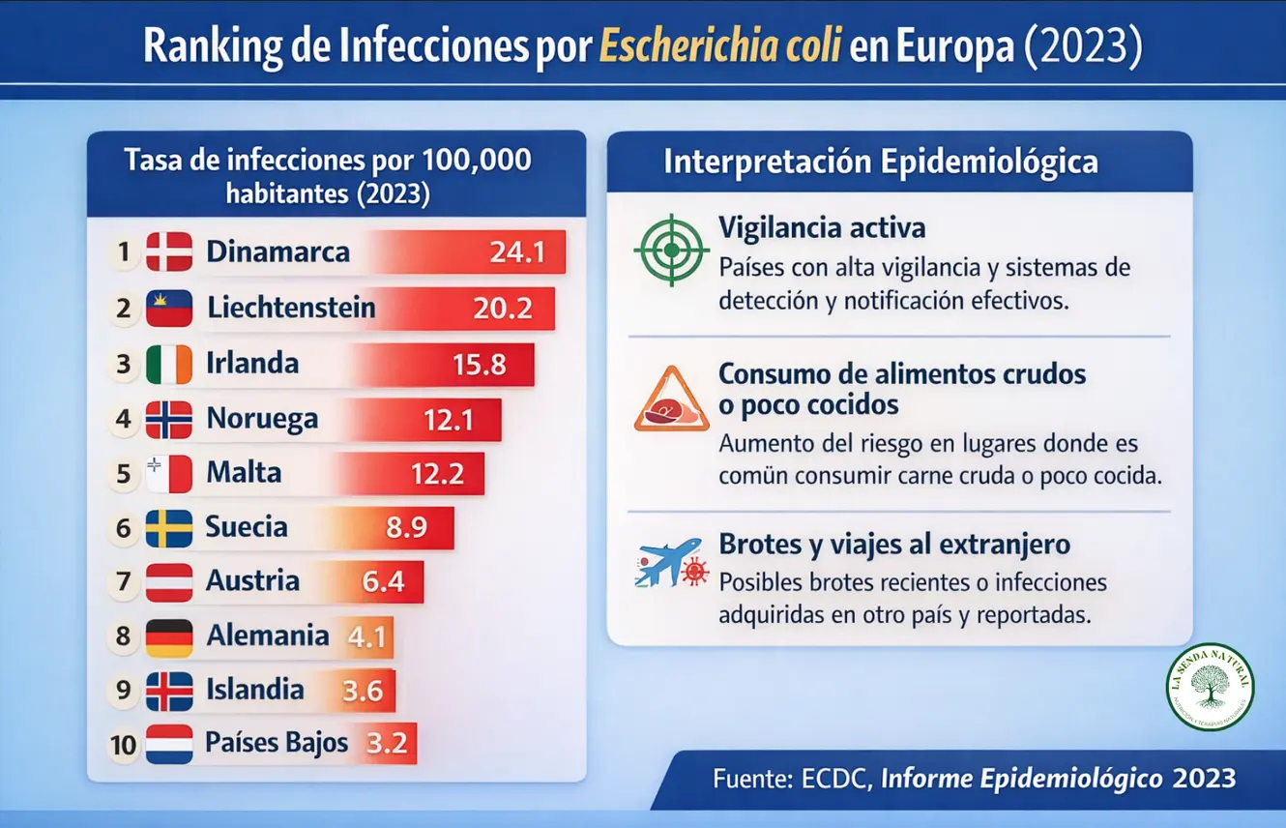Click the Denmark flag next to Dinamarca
coord(169,252)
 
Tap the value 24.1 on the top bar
coord(517,252)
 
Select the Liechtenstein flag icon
coord(169,309)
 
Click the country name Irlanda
coord(252,364)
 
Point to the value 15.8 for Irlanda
coord(480,365)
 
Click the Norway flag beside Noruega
coord(169,420)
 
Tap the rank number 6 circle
coord(123,528)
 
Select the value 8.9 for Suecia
coord(406,528)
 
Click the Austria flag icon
coord(169,582)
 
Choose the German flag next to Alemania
coord(169,637)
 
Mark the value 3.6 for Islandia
coord(363,692)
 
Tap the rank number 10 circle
coord(124,745)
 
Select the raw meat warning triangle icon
coord(671,399)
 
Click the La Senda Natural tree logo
coord(1210,686)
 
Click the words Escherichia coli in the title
coord(719,46)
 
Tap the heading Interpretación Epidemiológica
coord(880,163)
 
